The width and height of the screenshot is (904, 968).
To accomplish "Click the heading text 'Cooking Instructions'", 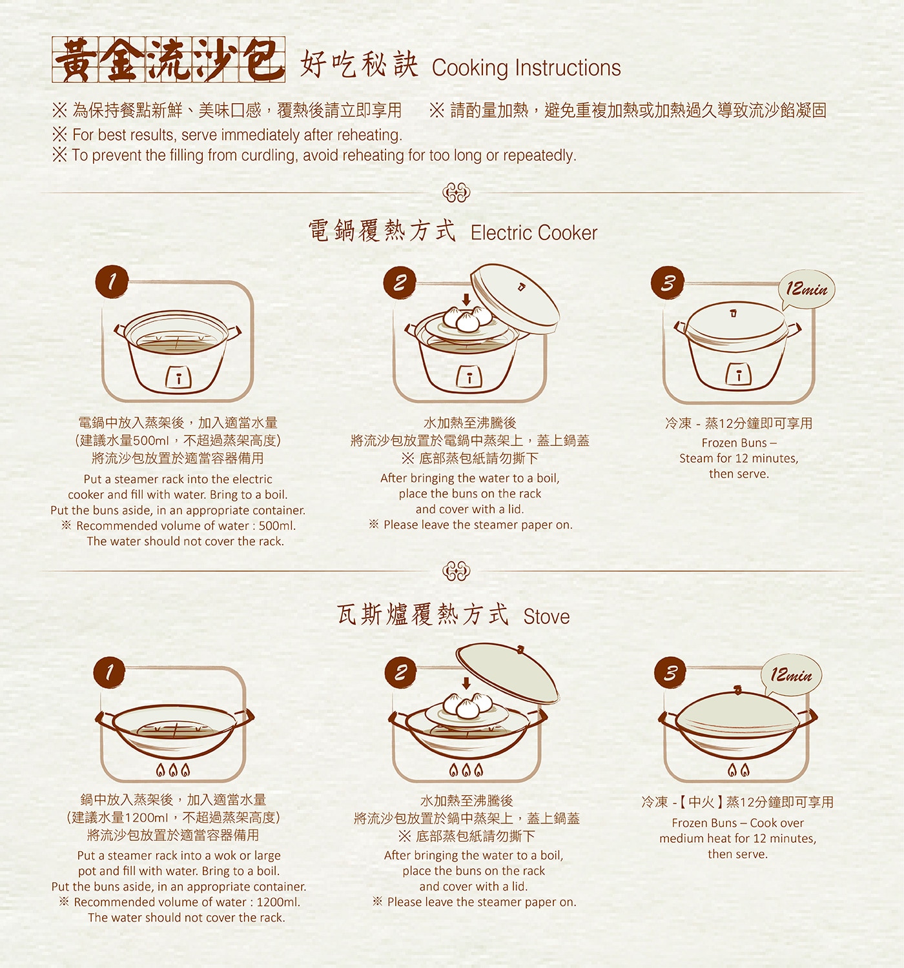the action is [x=526, y=68].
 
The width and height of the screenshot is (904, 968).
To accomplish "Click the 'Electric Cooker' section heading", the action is [x=534, y=233].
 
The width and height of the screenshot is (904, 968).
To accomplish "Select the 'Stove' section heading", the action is [x=546, y=617].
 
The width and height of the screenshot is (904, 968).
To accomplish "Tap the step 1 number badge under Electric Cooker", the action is [x=112, y=282].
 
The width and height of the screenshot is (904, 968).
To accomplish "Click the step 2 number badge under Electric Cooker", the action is [x=400, y=283].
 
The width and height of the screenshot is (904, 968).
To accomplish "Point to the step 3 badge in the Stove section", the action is [x=670, y=672].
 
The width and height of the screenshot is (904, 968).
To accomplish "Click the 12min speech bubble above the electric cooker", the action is [x=806, y=290].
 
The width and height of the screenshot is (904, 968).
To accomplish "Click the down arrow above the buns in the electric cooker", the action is [x=466, y=299].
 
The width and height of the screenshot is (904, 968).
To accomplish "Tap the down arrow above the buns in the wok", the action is [x=466, y=683].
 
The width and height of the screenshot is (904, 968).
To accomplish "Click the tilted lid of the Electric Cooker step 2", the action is [x=515, y=298].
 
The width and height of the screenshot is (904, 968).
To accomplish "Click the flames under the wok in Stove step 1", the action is [x=172, y=770].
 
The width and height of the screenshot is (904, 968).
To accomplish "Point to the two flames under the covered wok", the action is [x=739, y=770].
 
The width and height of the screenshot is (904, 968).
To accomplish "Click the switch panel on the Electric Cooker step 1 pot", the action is [x=179, y=377].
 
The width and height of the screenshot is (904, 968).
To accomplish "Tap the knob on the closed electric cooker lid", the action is [x=733, y=313].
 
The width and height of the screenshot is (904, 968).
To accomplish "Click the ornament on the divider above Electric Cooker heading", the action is [x=456, y=193].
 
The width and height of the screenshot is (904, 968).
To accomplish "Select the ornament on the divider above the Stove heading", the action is [x=456, y=570].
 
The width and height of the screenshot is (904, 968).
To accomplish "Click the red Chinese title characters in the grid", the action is [x=169, y=59].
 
